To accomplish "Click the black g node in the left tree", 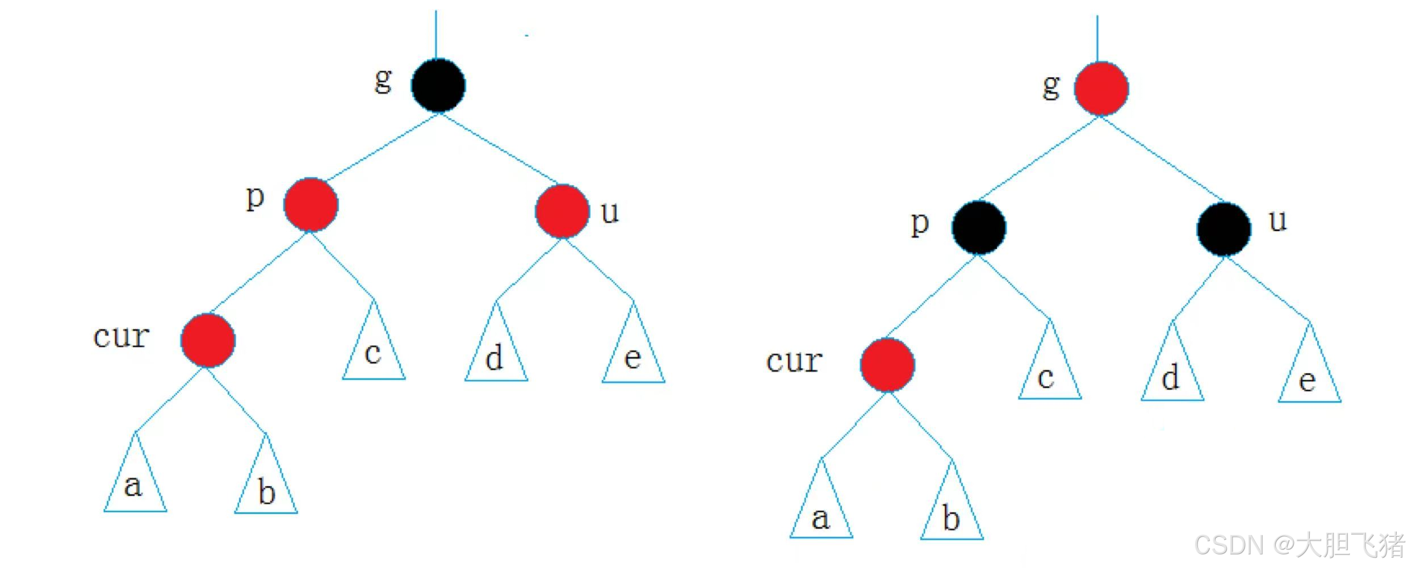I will (438, 85).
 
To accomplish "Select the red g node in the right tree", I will (1101, 89).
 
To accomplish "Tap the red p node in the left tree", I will (311, 204).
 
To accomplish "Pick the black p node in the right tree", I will (979, 227).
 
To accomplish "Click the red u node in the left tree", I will (562, 211).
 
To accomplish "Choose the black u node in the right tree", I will (1224, 229).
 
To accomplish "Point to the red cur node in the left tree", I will (208, 340).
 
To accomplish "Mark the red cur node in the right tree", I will (887, 365).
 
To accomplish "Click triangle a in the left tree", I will (135, 483).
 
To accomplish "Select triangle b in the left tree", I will (266, 486).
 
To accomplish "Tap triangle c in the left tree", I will (374, 352).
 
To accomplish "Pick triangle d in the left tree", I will (496, 355).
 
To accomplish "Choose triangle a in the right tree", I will (821, 511).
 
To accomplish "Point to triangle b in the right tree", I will (952, 513).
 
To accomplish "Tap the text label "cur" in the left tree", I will (121, 336).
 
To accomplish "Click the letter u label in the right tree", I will (1277, 220).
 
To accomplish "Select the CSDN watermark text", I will (1298, 544).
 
